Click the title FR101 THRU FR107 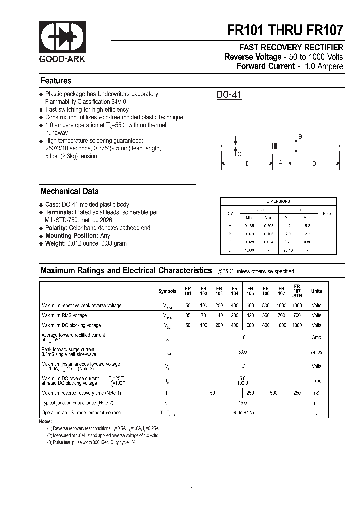[x=285, y=30]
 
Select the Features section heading [x=56, y=81]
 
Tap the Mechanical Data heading [x=69, y=191]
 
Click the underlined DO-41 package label [x=229, y=95]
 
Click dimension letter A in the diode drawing [x=281, y=163]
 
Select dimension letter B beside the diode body [x=300, y=136]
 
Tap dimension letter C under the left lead [x=239, y=154]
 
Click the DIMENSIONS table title [x=278, y=201]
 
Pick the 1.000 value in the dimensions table [x=250, y=250]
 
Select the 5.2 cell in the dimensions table [x=307, y=226]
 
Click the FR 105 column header [x=250, y=291]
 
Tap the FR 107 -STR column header [x=297, y=291]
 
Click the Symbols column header [x=167, y=291]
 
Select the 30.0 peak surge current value [x=243, y=352]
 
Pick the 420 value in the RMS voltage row [x=250, y=315]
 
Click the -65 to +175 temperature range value [x=243, y=413]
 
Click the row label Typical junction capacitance [x=77, y=403]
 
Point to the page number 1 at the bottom [x=192, y=489]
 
